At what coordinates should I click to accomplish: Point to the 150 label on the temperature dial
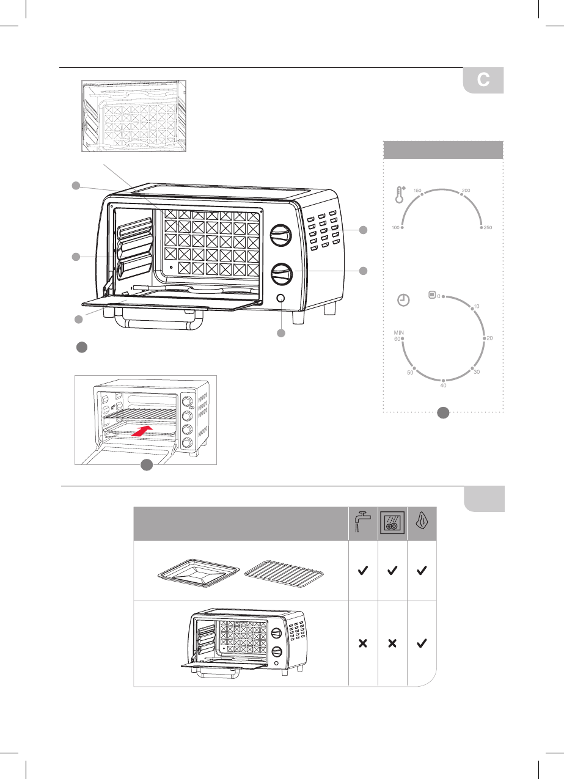[419, 191]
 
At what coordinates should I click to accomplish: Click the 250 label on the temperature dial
[488, 227]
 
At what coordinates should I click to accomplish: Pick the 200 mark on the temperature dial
[466, 191]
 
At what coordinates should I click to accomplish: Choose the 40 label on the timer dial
[444, 385]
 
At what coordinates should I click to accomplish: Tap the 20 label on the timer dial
[489, 338]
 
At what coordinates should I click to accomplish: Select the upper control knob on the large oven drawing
[280, 235]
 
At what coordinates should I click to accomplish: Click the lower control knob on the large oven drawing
[280, 274]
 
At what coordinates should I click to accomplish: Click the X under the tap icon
[363, 643]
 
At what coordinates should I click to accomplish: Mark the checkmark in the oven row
[422, 643]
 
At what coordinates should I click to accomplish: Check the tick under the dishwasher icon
[392, 571]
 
